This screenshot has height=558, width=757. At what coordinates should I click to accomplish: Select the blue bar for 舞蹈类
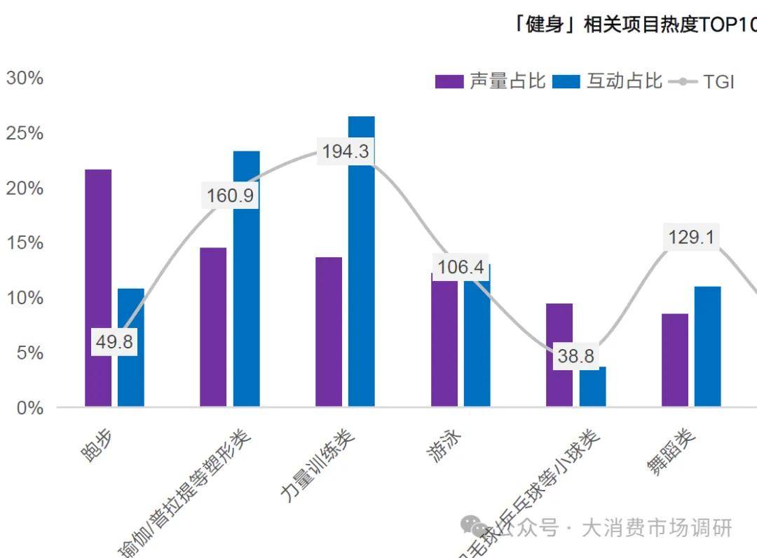tap(708, 346)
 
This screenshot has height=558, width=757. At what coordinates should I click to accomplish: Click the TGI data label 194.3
tap(345, 151)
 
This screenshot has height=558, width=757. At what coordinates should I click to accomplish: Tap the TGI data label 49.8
tap(115, 343)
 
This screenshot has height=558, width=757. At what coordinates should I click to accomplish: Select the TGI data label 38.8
tap(575, 356)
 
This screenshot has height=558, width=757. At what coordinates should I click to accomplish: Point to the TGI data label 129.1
tap(691, 238)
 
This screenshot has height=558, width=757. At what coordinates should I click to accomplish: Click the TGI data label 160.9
tap(230, 196)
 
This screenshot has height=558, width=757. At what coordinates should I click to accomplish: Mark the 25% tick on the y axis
tap(25, 133)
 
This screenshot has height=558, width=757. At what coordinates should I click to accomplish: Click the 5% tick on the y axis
tap(29, 353)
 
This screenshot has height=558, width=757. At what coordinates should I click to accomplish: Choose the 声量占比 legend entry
tap(490, 81)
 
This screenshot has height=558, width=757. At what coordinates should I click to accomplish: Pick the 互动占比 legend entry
tap(607, 81)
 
